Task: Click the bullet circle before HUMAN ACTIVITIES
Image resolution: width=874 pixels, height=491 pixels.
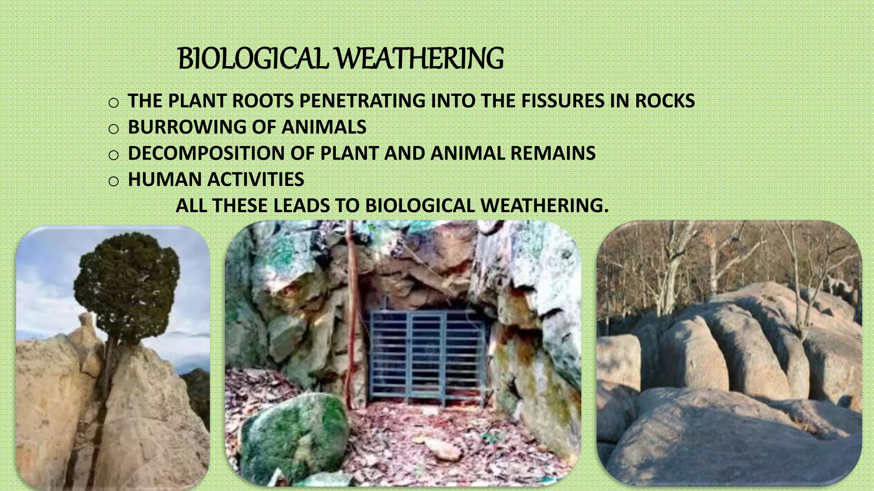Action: point(113,181)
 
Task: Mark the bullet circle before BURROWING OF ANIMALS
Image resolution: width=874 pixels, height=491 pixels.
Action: point(113,128)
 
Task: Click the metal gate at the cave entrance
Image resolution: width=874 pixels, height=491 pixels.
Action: point(427,358)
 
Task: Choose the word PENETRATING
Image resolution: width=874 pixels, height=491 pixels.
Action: point(362,101)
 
